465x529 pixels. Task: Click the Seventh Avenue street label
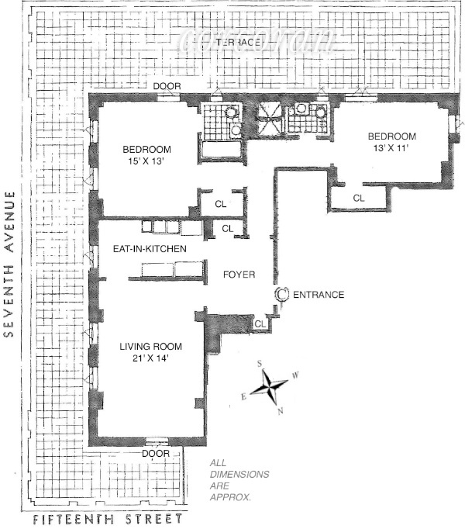coord(10,264)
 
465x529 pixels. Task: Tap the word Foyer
coord(239,275)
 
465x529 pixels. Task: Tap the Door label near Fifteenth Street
coord(156,453)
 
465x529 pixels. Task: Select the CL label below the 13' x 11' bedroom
coord(358,199)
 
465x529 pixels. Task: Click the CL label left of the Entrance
coord(260,323)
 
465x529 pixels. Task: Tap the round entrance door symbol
coord(283,294)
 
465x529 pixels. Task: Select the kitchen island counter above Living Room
coord(170,269)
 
